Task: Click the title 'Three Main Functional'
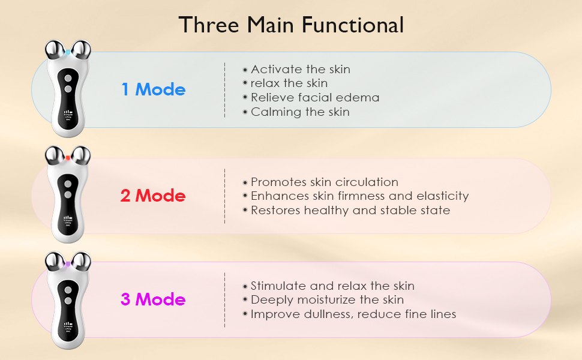point(291,25)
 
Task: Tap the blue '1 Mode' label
point(154,89)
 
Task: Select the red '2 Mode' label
point(153,196)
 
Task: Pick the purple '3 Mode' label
point(153,299)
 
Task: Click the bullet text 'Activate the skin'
point(300,69)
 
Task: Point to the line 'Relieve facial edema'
point(314,97)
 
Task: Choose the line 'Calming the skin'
point(299,112)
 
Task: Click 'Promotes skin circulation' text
point(324,182)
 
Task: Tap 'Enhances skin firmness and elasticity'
point(359,196)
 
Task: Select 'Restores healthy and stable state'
point(350,210)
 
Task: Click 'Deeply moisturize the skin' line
point(327,299)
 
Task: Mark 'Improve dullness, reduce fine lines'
point(353,314)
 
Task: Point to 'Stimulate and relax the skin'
point(332,286)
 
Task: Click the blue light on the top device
point(68,53)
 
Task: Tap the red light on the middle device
point(68,158)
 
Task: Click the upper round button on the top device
point(68,79)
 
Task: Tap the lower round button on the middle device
point(68,194)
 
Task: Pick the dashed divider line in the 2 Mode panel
point(224,196)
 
